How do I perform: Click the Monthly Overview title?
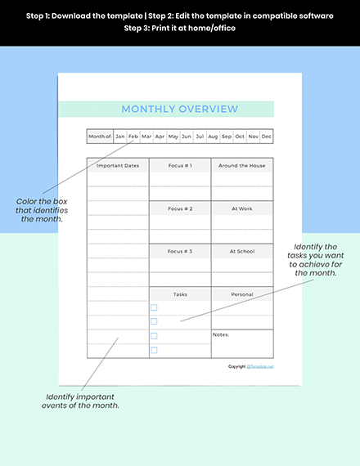[x=179, y=109]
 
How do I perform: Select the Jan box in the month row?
[x=120, y=137]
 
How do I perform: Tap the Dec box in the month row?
[x=266, y=137]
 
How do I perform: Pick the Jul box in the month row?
[x=200, y=137]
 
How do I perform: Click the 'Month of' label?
[x=99, y=137]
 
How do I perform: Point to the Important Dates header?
[x=118, y=165]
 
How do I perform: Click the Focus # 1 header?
[x=180, y=165]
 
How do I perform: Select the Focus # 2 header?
[x=180, y=208]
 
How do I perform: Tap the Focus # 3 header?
[x=180, y=251]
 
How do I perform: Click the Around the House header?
[x=242, y=165]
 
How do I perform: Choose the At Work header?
[x=242, y=208]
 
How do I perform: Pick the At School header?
[x=242, y=251]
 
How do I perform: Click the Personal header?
[x=242, y=294]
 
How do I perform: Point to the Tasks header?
[x=180, y=294]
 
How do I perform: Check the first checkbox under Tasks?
[x=154, y=308]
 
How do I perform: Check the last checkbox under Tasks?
[x=154, y=350]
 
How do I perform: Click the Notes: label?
[x=221, y=334]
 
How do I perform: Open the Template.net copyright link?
[x=260, y=366]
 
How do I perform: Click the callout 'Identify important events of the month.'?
[x=82, y=401]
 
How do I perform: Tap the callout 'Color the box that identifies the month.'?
[x=42, y=209]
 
